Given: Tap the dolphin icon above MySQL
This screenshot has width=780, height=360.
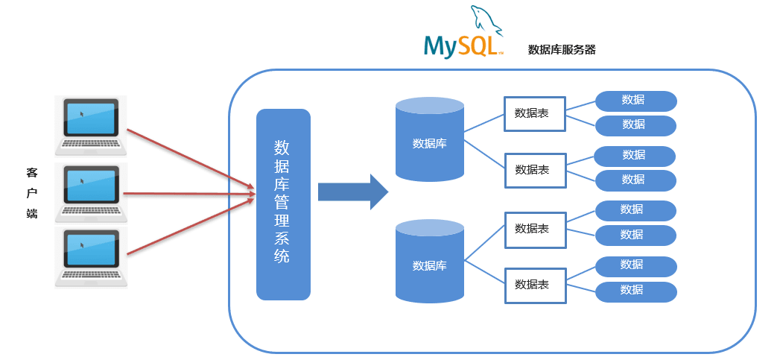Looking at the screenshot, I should point(486,21).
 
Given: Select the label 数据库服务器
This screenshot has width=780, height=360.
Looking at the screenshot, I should point(561,50).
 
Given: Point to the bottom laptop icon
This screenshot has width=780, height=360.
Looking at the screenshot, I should point(91,257).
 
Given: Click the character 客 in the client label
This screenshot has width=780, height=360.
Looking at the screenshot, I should point(31,173).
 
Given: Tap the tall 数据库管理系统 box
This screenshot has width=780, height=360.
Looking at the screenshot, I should point(283,204).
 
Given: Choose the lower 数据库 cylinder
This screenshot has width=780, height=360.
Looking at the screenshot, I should point(429,262).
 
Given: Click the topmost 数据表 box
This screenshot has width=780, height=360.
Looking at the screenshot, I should point(534,113).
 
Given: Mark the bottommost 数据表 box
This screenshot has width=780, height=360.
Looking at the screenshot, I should point(534,285).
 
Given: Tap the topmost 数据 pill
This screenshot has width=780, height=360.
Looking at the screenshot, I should point(635,101).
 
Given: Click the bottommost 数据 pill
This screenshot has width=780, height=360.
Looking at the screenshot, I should point(635,291).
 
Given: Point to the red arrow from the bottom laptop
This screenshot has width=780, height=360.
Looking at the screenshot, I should point(189,227).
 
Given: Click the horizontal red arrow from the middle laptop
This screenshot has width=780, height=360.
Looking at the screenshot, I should point(189,194).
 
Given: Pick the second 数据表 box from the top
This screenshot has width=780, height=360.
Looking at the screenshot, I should point(534,170).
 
